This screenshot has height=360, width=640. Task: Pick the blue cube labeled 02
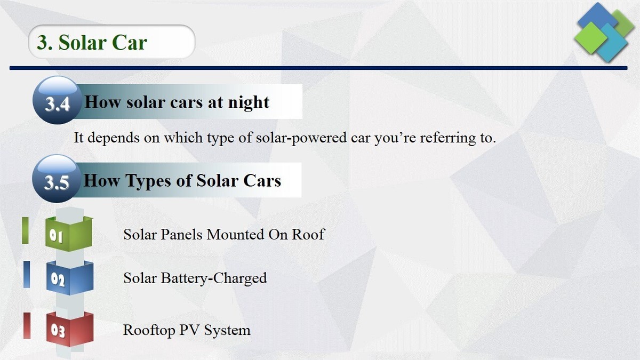click(69, 278)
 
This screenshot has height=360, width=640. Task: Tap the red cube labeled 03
click(69, 329)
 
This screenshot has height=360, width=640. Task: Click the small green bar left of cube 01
click(25, 230)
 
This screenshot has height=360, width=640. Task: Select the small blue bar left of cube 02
click(27, 274)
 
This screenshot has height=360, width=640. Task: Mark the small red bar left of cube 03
click(27, 326)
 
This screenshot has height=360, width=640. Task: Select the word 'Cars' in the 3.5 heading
click(262, 181)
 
